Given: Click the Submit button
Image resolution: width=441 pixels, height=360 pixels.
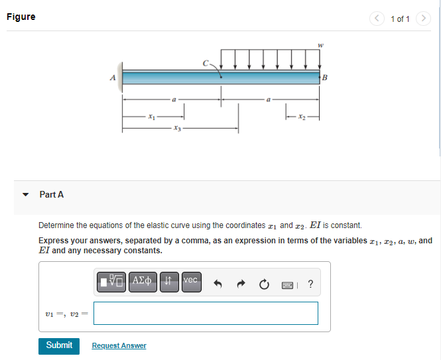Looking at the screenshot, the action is [x=59, y=346].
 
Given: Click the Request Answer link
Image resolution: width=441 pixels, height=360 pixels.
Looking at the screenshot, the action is [x=119, y=345].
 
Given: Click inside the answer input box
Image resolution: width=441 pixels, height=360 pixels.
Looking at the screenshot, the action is [x=206, y=314].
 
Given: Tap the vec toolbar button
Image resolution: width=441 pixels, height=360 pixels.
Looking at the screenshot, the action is [x=192, y=282].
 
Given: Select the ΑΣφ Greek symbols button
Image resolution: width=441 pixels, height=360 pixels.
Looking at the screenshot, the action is [x=143, y=282].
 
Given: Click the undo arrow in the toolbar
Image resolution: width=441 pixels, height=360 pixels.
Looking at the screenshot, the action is [x=218, y=284].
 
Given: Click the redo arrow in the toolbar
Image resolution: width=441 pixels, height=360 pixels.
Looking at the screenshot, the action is [x=241, y=284].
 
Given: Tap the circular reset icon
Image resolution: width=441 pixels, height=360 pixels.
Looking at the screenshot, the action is [x=264, y=284].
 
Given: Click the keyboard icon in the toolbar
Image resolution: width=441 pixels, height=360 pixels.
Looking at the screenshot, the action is [x=287, y=286].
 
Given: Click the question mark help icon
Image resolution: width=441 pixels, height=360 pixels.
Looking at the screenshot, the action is [x=310, y=284].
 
